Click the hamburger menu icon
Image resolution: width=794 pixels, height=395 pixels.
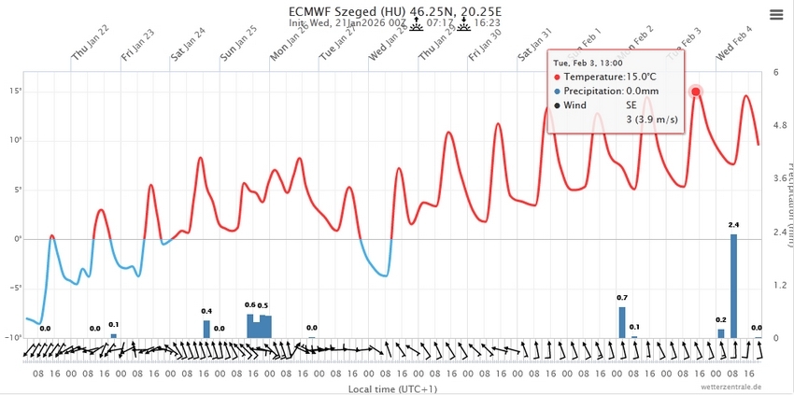(776, 14)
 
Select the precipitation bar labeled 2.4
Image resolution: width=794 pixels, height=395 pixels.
(733, 285)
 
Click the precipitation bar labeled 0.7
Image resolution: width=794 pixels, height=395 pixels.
(621, 321)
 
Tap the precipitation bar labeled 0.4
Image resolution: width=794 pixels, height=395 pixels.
(206, 328)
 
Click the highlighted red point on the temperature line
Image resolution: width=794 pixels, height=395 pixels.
(695, 92)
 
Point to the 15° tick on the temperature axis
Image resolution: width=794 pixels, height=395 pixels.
(16, 91)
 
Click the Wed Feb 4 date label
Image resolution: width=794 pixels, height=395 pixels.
(734, 43)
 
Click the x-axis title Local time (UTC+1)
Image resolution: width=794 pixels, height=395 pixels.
(392, 388)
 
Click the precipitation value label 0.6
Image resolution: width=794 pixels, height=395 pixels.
(250, 304)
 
